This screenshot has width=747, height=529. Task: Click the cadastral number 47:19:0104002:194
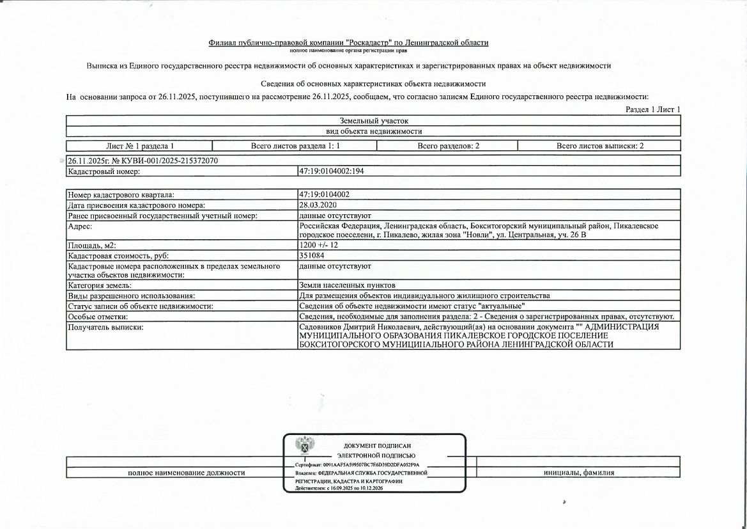(331, 171)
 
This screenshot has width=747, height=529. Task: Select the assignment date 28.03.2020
(318, 205)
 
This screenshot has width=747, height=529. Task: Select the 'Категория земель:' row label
(100, 285)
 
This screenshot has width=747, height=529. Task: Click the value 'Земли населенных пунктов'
(347, 285)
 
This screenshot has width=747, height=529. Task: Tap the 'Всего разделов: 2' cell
(448, 146)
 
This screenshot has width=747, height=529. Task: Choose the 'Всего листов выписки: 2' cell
(599, 146)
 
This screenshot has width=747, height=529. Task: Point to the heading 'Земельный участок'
(374, 120)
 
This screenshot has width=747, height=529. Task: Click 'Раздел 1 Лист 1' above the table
(652, 109)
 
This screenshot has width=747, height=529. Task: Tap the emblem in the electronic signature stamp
(304, 446)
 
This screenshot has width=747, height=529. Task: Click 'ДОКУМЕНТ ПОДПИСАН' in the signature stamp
(377, 446)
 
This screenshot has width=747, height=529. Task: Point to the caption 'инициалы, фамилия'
(578, 473)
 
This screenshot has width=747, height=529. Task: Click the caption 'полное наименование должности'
(187, 473)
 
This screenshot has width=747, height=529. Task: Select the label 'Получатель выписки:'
(105, 328)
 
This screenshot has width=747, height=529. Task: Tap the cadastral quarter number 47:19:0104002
(324, 194)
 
